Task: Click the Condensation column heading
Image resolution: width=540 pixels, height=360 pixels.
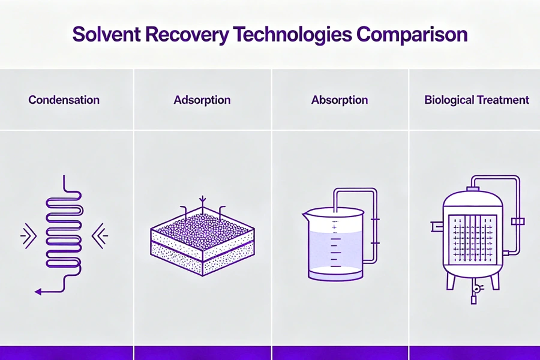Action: pyautogui.click(x=64, y=100)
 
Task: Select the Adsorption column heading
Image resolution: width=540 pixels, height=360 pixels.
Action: pyautogui.click(x=202, y=100)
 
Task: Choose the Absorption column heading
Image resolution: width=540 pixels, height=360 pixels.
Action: pyautogui.click(x=340, y=100)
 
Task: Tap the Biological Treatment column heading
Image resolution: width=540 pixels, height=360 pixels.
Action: pyautogui.click(x=477, y=100)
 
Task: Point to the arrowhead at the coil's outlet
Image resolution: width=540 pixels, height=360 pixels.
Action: pyautogui.click(x=38, y=292)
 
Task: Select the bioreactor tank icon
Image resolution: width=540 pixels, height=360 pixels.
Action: pyautogui.click(x=472, y=240)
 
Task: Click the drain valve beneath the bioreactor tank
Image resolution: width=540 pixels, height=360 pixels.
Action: pyautogui.click(x=473, y=290)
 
